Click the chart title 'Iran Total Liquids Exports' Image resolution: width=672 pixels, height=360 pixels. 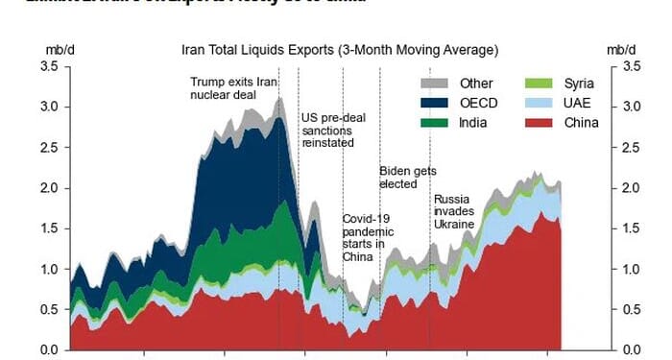(x=340, y=49)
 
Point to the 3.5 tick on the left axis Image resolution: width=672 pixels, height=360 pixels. (x=48, y=66)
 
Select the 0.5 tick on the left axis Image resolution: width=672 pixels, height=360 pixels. (x=48, y=309)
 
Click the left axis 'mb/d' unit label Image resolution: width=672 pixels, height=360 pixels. (x=57, y=49)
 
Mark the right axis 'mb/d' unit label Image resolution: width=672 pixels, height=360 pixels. (x=621, y=49)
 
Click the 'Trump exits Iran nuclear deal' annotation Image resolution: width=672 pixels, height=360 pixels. (x=233, y=88)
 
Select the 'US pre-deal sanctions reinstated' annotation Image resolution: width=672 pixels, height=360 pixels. (x=328, y=130)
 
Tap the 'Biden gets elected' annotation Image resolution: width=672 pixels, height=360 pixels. (x=407, y=177)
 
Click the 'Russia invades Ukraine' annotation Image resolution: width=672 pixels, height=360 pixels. (x=454, y=211)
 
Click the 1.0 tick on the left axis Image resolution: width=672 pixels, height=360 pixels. (x=48, y=269)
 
